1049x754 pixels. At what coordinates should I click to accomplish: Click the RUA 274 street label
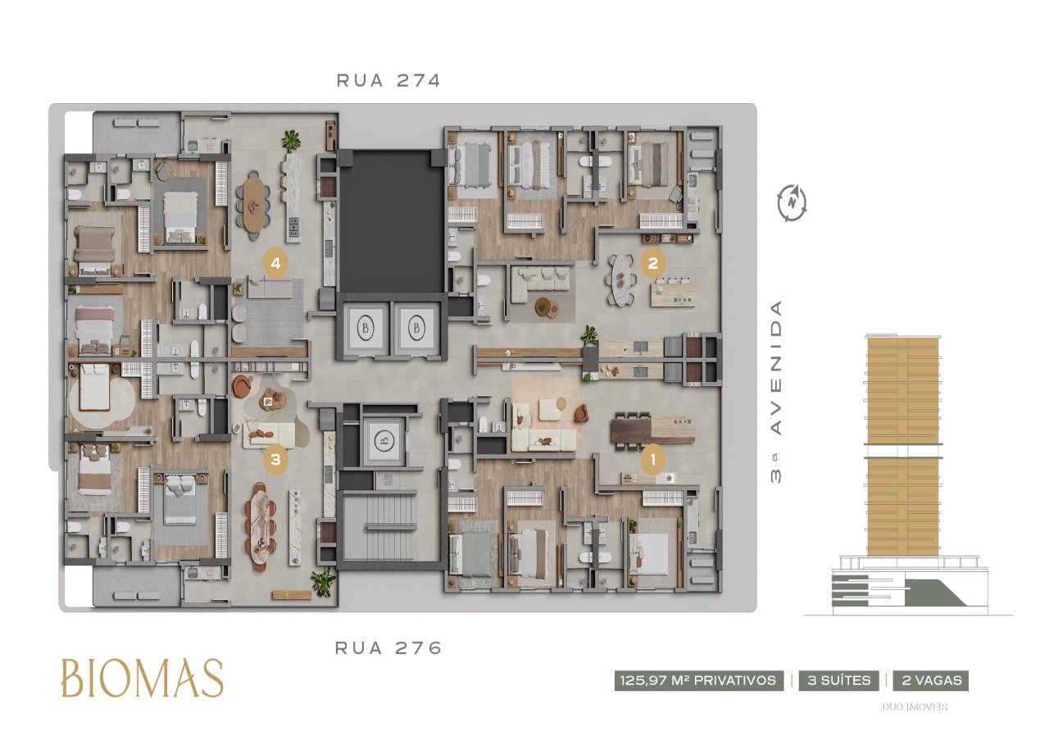[x=388, y=80]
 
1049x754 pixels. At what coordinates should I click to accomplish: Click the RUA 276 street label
[x=388, y=647]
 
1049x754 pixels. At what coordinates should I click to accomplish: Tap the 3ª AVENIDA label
[x=776, y=392]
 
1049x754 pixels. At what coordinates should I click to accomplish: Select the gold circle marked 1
[x=653, y=461]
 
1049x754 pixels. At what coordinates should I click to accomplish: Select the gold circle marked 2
[x=653, y=264]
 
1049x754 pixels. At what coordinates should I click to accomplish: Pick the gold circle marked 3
[x=275, y=460]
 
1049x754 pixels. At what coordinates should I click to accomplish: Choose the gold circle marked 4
[x=275, y=264]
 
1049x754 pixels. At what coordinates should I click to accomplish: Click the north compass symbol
[x=792, y=203]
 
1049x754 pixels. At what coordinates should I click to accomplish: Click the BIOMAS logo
[x=143, y=679]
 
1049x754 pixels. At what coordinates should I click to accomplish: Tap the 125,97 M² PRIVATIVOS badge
[x=699, y=680]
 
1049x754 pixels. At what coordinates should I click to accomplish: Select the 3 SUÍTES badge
[x=838, y=680]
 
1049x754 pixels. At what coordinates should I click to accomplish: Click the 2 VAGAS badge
[x=931, y=680]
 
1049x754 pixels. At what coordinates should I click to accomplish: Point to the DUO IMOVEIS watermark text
[x=915, y=707]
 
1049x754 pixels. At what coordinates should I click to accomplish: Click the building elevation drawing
[x=909, y=475]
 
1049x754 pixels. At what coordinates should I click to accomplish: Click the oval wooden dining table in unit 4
[x=255, y=203]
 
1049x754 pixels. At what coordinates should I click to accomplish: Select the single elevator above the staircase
[x=384, y=441]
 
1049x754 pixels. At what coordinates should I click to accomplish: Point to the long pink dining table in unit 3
[x=260, y=525]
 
